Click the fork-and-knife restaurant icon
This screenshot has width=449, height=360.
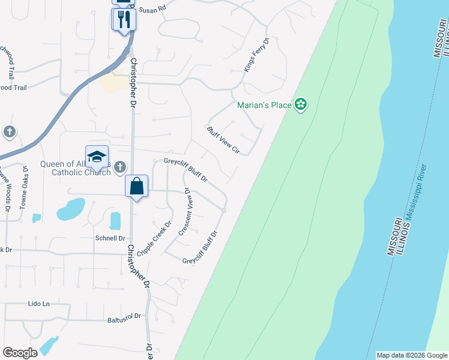(124, 19)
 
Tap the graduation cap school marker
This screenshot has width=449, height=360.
(97, 157)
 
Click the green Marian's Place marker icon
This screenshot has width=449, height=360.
(301, 106)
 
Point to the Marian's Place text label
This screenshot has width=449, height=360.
(265, 106)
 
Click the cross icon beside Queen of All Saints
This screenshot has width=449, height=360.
(120, 166)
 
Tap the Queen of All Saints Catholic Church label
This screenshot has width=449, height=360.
(76, 169)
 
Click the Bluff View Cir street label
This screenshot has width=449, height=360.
(223, 140)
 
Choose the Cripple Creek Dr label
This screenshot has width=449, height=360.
(154, 238)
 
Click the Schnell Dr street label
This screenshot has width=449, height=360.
(109, 238)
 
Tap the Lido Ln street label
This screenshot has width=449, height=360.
(39, 304)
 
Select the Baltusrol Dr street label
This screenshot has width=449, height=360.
(124, 316)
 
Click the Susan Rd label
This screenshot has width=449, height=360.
(151, 10)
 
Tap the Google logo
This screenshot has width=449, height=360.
(20, 352)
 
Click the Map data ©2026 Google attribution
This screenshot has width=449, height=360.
(411, 355)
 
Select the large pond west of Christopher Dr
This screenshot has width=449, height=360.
(71, 209)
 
